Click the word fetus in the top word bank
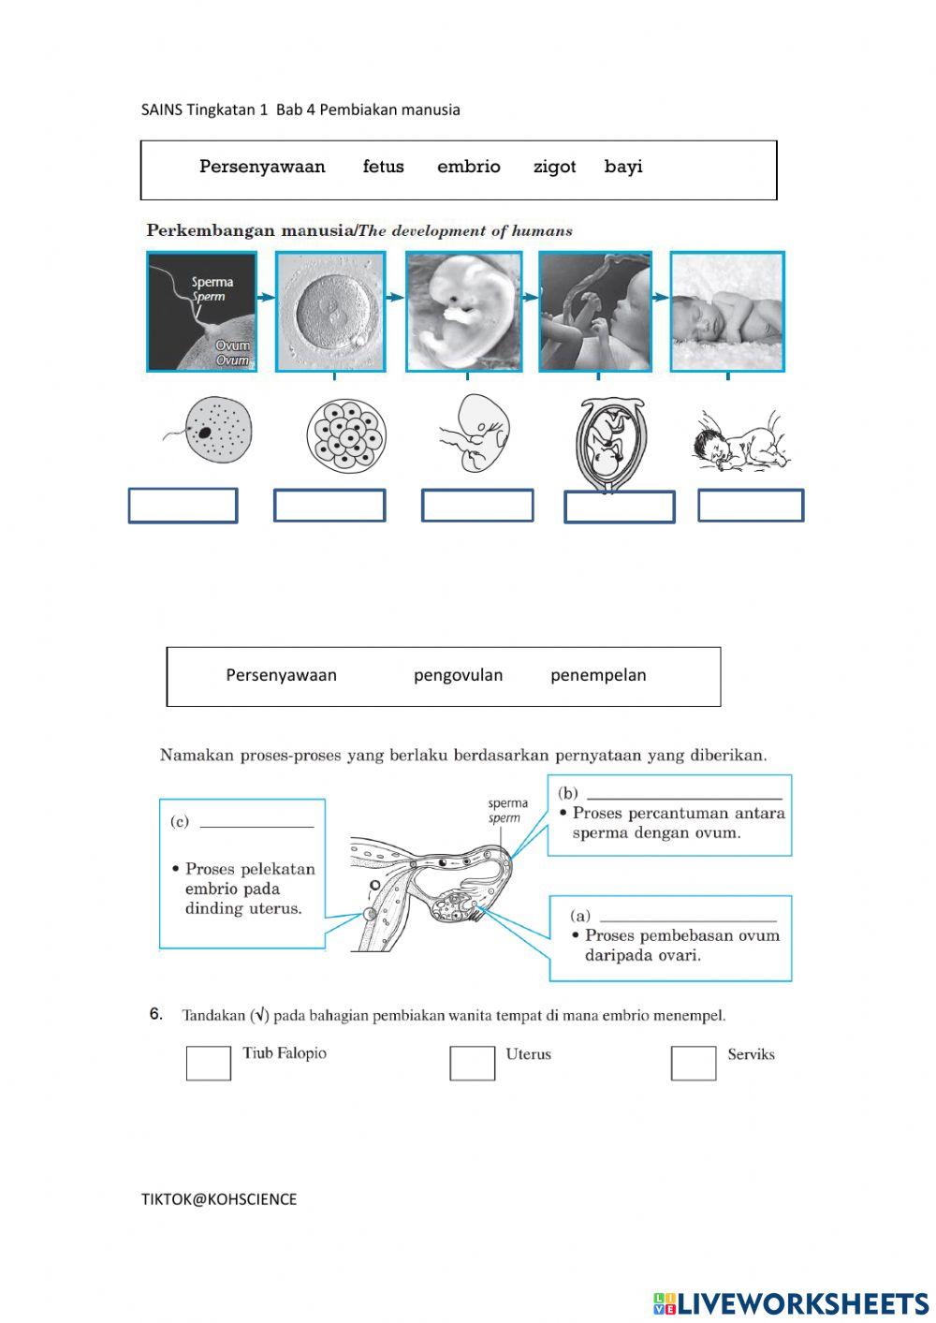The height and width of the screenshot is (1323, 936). pyautogui.click(x=383, y=167)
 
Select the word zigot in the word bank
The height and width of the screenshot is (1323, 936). pyautogui.click(x=554, y=168)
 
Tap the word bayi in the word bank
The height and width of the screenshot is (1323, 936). pyautogui.click(x=623, y=167)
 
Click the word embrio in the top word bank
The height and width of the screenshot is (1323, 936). pyautogui.click(x=468, y=167)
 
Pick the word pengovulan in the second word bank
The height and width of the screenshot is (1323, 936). pyautogui.click(x=458, y=675)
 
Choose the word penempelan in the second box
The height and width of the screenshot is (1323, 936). pyautogui.click(x=598, y=675)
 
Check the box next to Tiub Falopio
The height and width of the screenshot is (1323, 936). pyautogui.click(x=208, y=1063)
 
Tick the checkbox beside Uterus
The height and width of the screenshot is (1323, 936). pyautogui.click(x=472, y=1063)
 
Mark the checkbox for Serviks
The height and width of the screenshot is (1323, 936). pyautogui.click(x=694, y=1063)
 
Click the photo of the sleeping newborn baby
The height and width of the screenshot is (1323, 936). pyautogui.click(x=727, y=312)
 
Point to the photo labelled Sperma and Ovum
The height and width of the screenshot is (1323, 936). pyautogui.click(x=201, y=312)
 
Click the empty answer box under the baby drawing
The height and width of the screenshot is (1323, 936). pyautogui.click(x=751, y=506)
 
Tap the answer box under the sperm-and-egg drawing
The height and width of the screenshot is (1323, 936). pyautogui.click(x=183, y=506)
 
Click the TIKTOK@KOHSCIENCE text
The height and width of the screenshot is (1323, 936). pyautogui.click(x=219, y=1199)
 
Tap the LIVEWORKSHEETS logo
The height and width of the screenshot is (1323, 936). pyautogui.click(x=791, y=1302)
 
